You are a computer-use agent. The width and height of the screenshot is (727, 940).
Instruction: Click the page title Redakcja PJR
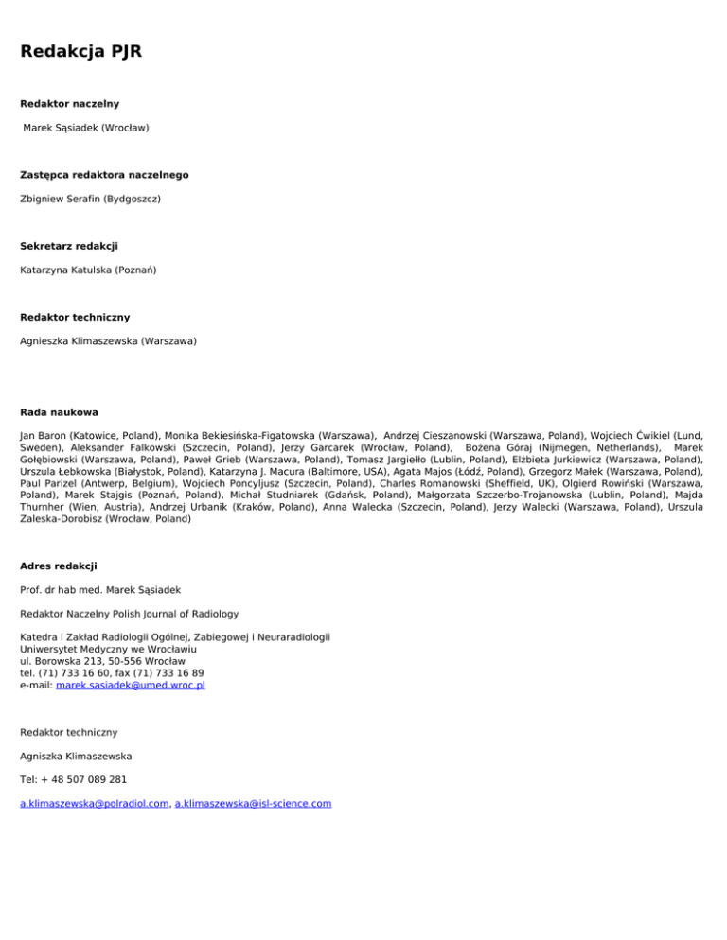80,50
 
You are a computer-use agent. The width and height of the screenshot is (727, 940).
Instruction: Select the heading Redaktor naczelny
69,102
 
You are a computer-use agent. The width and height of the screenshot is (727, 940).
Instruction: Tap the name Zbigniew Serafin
59,199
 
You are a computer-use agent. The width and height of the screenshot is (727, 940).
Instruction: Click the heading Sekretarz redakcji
69,246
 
